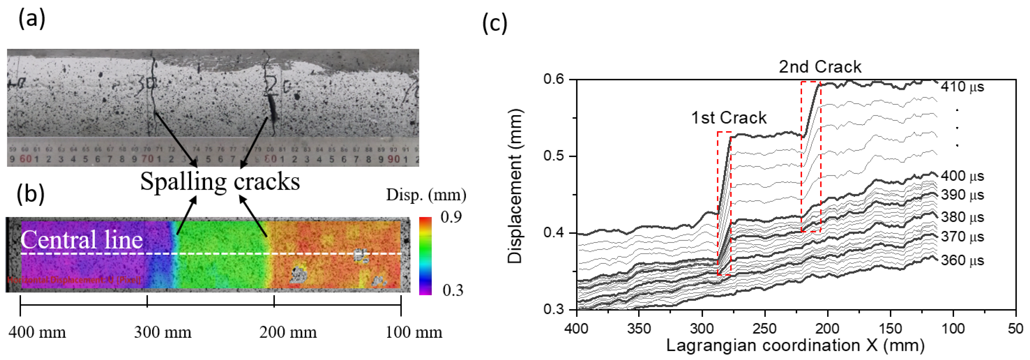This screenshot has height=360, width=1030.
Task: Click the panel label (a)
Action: (32, 19)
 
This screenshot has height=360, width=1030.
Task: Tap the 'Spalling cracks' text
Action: (220, 182)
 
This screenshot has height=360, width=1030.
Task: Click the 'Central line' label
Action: (82, 240)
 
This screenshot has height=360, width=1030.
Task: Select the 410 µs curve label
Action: (962, 87)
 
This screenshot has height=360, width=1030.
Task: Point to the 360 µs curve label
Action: (962, 260)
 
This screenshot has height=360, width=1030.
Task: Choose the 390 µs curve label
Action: (962, 195)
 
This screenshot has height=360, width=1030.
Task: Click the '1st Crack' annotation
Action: (729, 118)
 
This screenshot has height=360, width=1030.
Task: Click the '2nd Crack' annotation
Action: (820, 67)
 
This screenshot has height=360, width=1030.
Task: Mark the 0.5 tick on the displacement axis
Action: (554, 156)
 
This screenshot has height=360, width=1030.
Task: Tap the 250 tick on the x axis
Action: (764, 329)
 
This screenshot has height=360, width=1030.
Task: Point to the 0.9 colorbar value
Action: (451, 217)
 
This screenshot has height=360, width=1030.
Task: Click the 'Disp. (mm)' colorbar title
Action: (426, 195)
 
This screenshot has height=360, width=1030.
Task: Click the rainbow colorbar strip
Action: (425, 256)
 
